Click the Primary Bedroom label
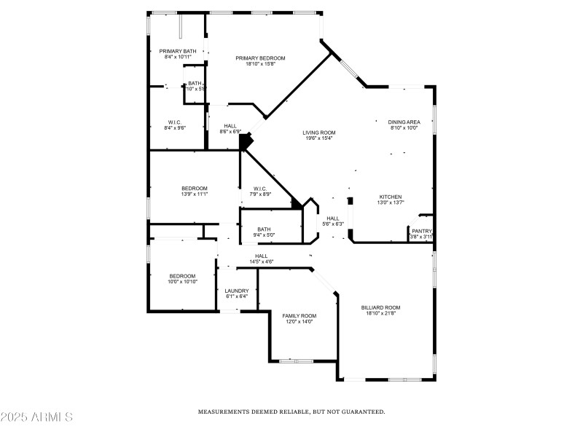coord(260,58)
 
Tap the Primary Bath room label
coord(178,51)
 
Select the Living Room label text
coord(318,133)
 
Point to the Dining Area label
coord(404,122)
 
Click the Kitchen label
coord(391,197)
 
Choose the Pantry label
coord(421,231)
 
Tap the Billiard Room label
coord(380,307)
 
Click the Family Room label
coord(299,315)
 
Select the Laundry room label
coord(236,291)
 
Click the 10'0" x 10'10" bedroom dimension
coord(183,281)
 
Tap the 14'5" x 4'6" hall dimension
coord(261,261)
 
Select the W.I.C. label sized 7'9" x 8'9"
coord(261,188)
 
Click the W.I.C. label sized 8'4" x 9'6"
coord(175,122)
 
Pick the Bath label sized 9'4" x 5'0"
coord(264,229)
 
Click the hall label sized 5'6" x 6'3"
coord(333,218)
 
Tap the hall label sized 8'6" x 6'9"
coord(230,125)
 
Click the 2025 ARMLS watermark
coord(36,417)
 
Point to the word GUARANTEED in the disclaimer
coord(358,412)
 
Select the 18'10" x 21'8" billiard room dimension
coord(380,313)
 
